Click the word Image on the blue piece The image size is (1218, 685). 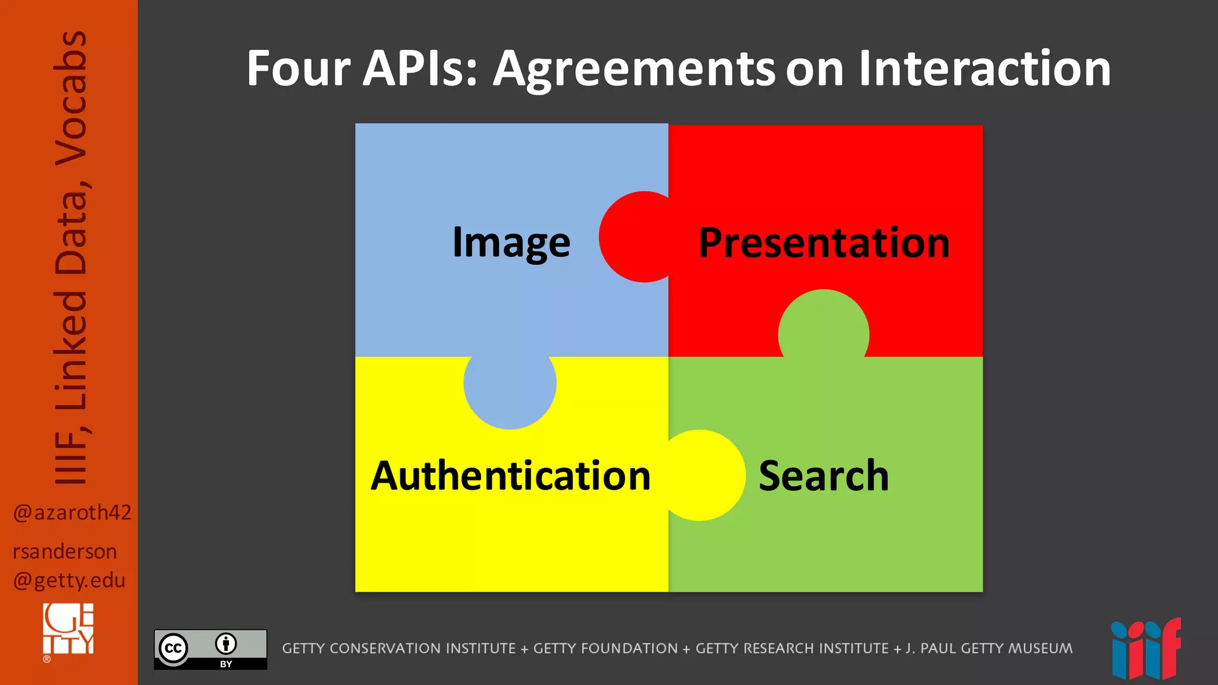pos(511,243)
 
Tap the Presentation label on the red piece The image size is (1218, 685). pos(824,243)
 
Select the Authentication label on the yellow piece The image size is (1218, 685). pos(511,476)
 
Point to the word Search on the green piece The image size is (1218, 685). pos(824,476)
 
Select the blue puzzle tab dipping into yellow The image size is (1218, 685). pos(510,389)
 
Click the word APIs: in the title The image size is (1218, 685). pos(420,68)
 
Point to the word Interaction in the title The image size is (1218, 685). pos(984,68)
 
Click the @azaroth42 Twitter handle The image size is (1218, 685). pos(72,513)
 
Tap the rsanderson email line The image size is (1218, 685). pos(65,552)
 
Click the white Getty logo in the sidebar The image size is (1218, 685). pos(68,629)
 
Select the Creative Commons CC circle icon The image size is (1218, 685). pos(173,648)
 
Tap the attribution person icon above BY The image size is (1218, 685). pos(226,643)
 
